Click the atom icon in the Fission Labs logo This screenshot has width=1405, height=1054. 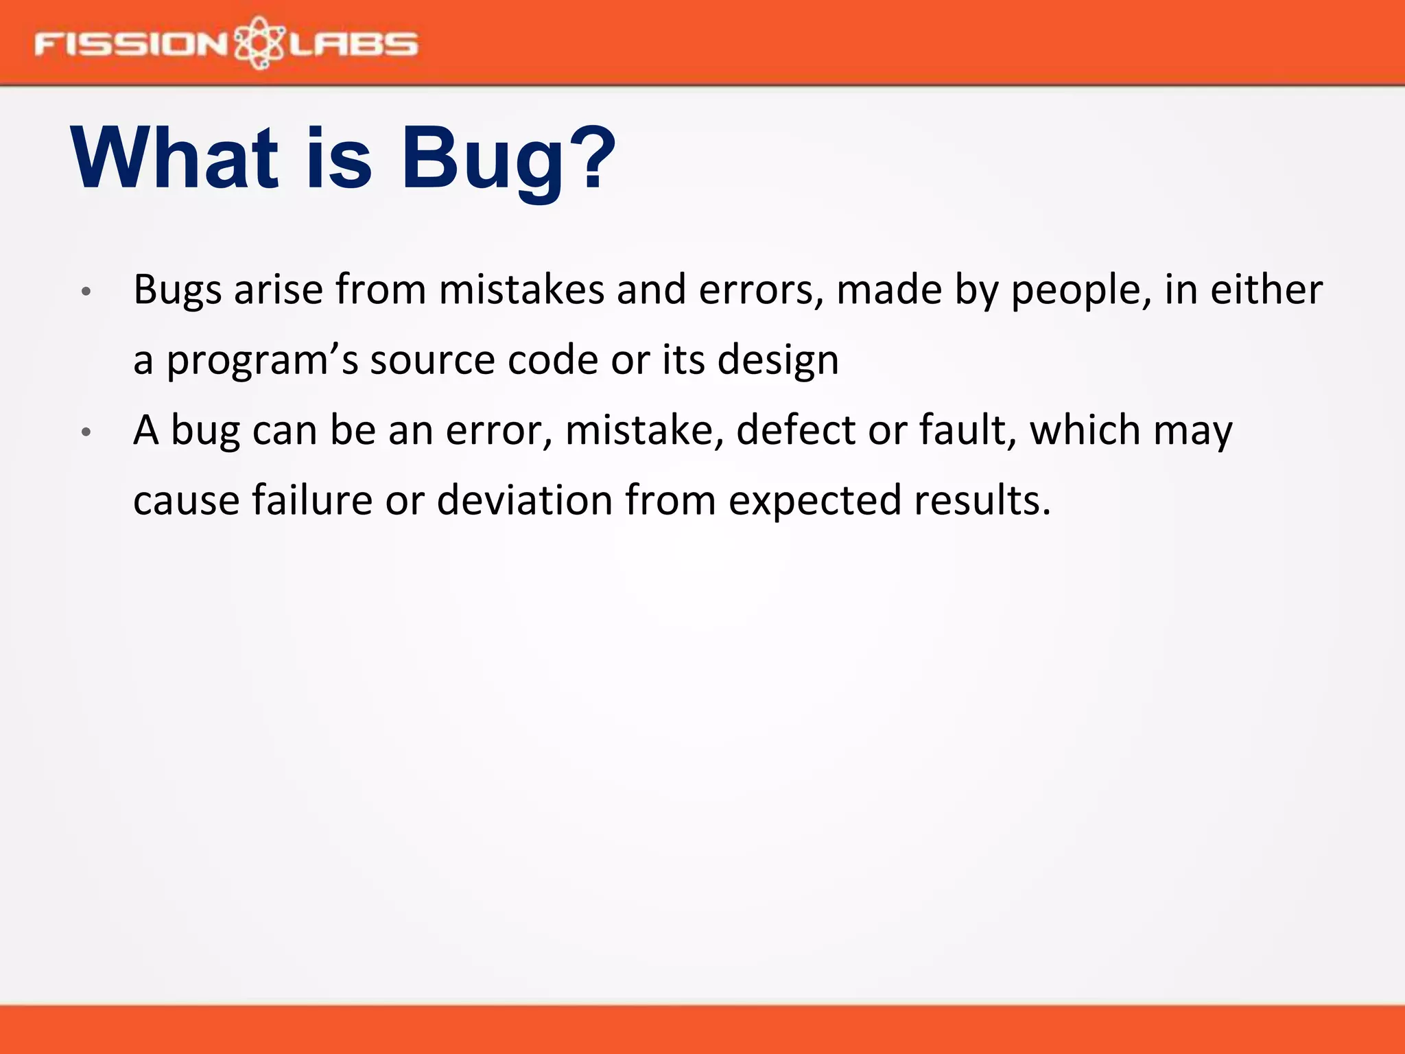click(259, 43)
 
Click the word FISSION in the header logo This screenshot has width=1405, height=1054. click(130, 45)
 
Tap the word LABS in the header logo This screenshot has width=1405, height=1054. click(353, 45)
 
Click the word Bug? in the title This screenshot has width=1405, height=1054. click(508, 159)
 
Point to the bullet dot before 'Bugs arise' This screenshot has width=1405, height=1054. click(86, 292)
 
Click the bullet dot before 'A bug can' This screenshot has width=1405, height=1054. click(86, 432)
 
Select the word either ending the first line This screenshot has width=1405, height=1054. click(1266, 290)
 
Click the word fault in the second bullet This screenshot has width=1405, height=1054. click(967, 431)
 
